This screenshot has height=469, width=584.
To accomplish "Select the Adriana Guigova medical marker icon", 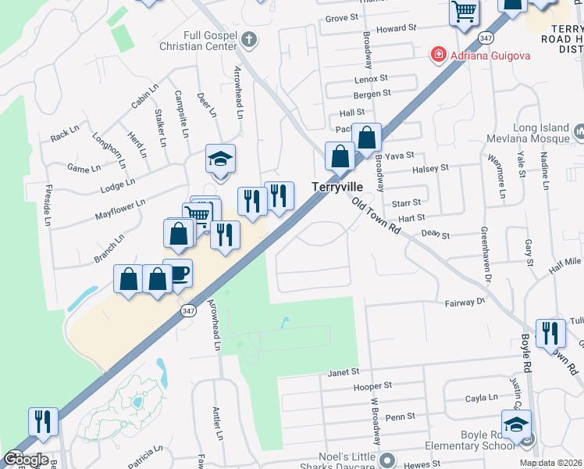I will point(438,55).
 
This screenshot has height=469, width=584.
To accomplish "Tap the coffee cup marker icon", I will point(177,273).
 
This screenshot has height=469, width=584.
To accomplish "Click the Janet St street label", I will point(344,372).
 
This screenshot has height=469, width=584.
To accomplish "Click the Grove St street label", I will point(340,17).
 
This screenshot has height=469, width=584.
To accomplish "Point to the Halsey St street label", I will point(430,167).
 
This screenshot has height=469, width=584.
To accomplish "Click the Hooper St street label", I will point(372,386).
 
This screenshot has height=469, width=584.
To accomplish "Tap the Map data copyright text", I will point(550,463).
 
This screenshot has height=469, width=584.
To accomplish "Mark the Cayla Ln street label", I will point(481,398).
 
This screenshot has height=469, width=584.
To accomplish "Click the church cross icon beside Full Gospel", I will point(249,39).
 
